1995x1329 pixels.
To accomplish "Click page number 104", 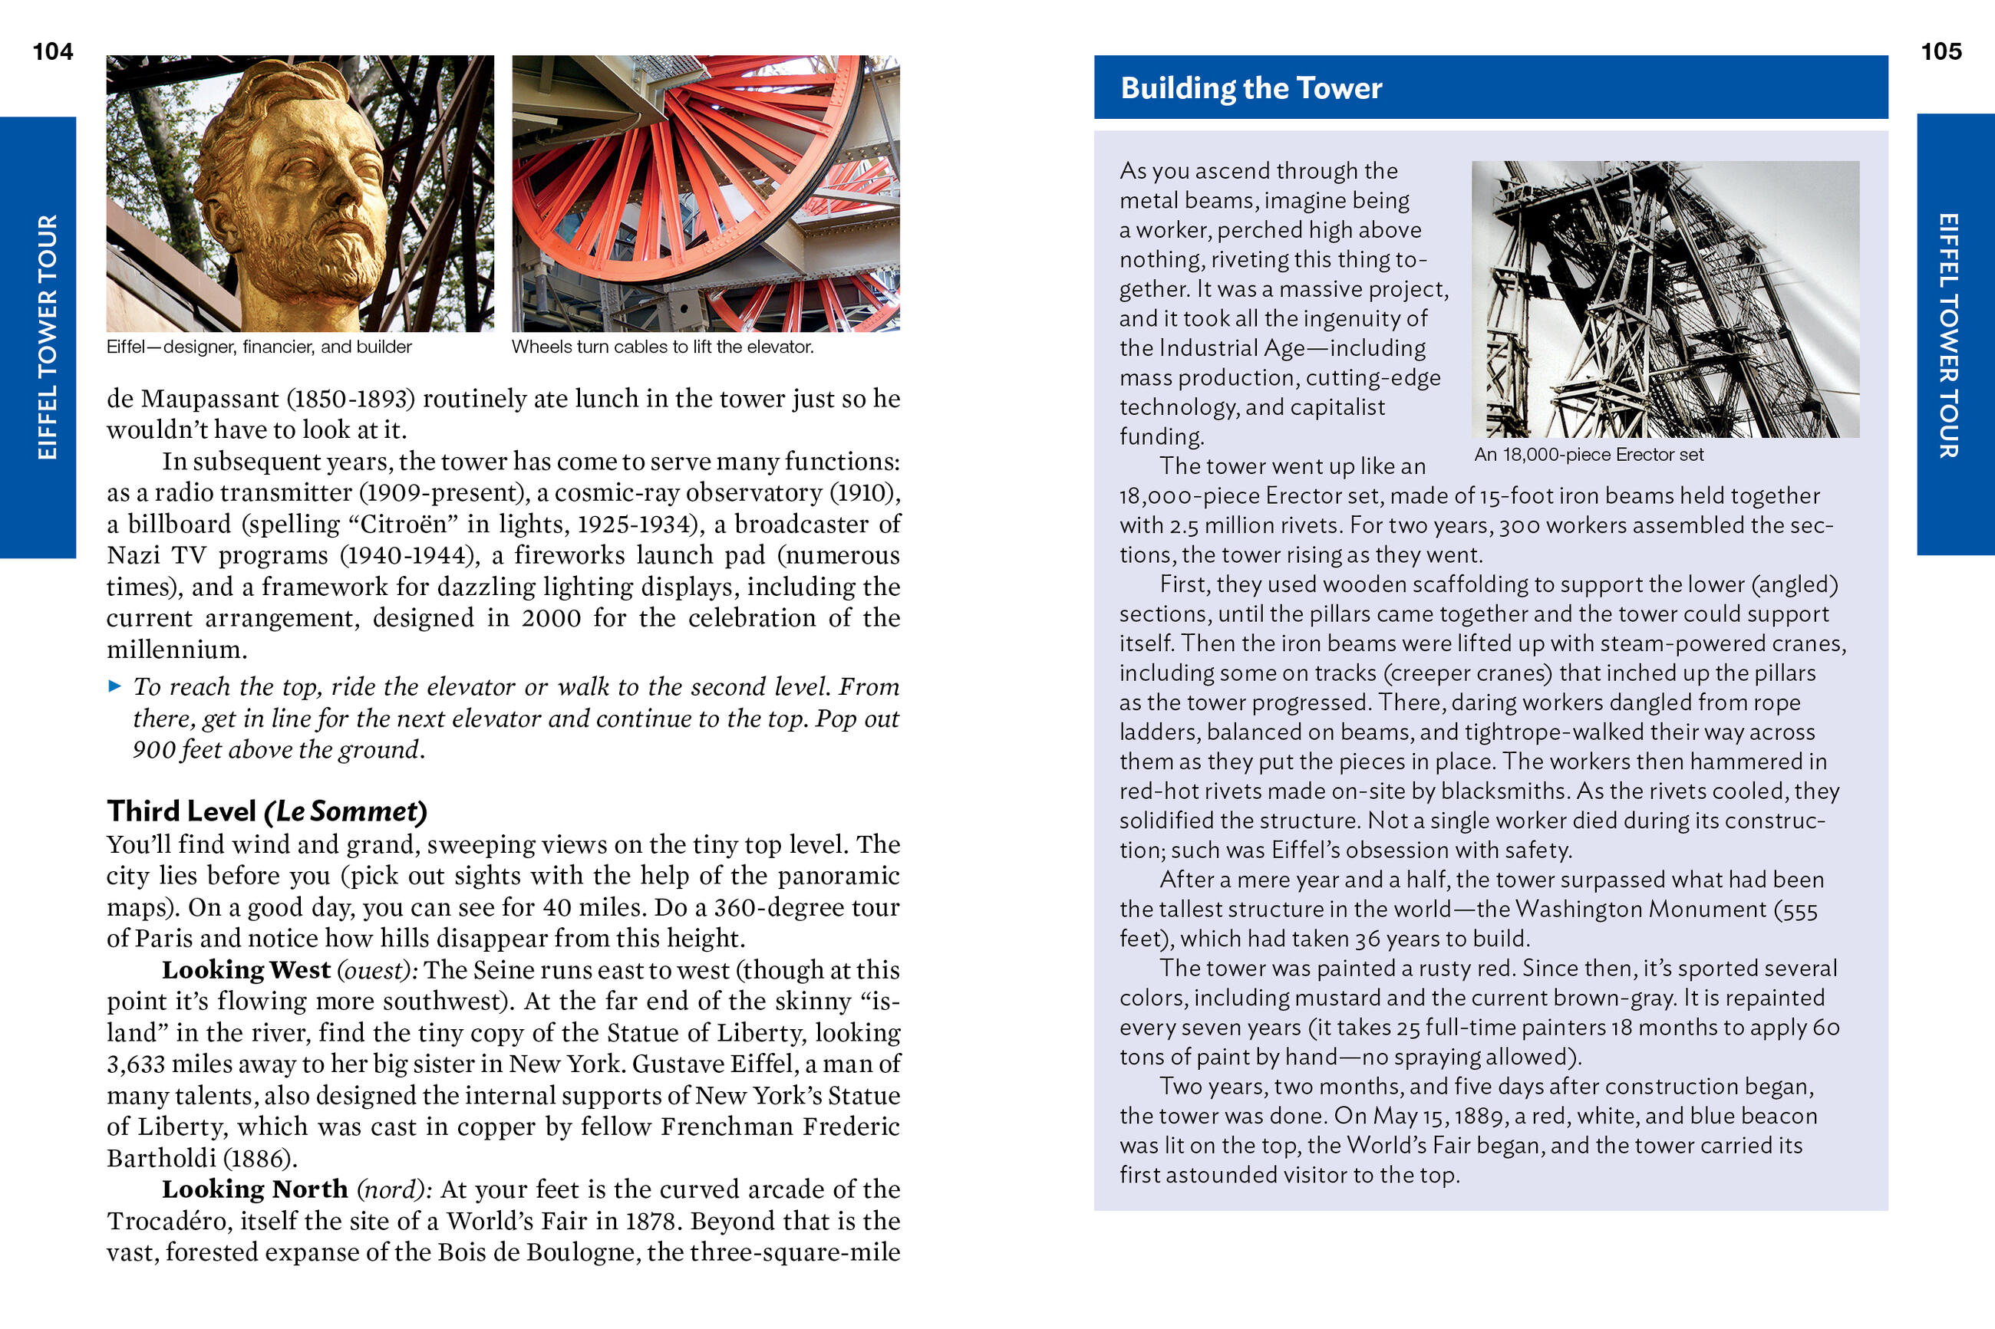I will [53, 51].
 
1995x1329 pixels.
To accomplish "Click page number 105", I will [1941, 51].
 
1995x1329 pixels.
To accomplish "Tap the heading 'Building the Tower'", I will [1251, 88].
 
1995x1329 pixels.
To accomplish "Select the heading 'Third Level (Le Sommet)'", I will [266, 811].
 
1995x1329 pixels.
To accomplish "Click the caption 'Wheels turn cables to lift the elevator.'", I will [662, 347].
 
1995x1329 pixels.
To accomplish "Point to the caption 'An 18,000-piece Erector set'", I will [1588, 454].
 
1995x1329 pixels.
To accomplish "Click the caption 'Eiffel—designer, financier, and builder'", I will [259, 347].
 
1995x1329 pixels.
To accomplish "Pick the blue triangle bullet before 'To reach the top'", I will [114, 686].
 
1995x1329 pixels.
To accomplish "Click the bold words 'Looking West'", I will [246, 969].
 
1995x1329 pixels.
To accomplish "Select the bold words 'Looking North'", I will [254, 1189].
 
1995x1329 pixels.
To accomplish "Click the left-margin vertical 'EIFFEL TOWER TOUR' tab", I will [47, 337].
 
